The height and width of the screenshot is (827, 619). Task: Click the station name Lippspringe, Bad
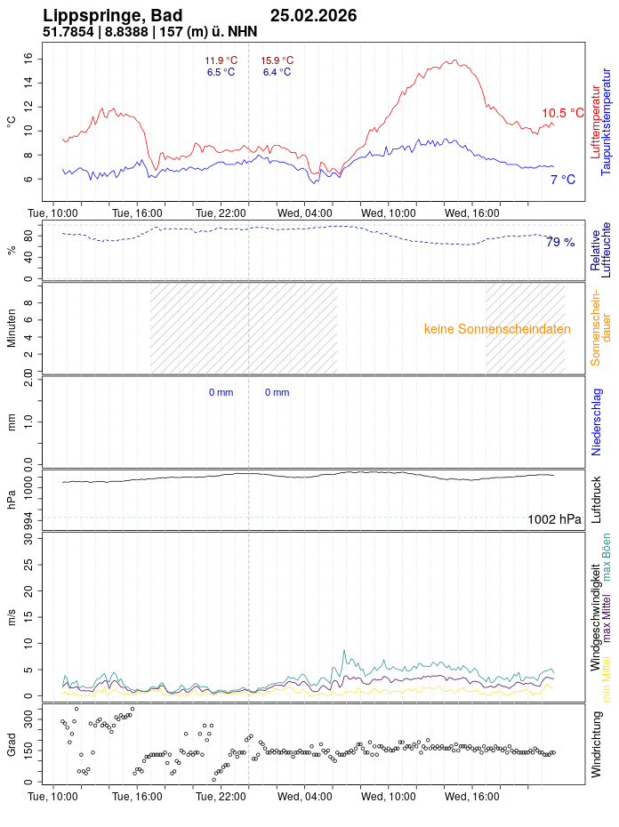[113, 16]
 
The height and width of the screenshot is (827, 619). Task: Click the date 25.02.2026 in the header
[313, 16]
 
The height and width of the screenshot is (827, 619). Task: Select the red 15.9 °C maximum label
[277, 60]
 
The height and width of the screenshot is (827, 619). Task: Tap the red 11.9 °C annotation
[221, 60]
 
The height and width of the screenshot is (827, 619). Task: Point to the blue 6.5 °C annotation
[221, 72]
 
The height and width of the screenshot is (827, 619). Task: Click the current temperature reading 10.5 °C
[562, 113]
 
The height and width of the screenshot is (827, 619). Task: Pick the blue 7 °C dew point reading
[562, 180]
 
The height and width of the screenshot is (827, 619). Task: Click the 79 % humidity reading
[560, 242]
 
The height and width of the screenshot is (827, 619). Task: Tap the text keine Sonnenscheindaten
[497, 329]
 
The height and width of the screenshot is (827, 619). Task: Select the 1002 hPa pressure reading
[554, 519]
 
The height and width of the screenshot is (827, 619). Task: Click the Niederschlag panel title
[597, 422]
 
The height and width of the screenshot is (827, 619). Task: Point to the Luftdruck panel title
[597, 500]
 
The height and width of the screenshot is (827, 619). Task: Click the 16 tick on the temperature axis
[28, 58]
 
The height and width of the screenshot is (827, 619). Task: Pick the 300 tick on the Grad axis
[28, 714]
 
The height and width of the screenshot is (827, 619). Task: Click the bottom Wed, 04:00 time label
[304, 798]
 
